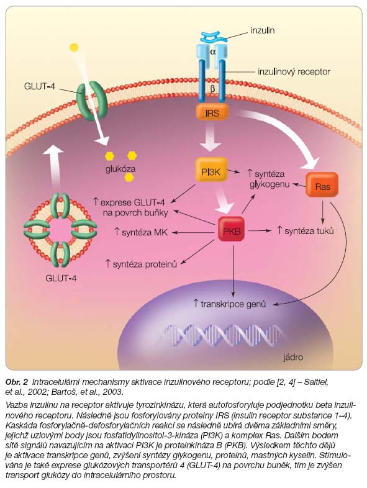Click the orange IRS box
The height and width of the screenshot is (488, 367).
click(x=212, y=112)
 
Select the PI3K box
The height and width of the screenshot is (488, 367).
click(x=211, y=170)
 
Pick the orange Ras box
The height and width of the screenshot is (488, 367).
click(x=322, y=185)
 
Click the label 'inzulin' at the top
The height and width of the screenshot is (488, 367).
click(x=263, y=30)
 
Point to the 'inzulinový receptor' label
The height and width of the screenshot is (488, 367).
click(x=294, y=72)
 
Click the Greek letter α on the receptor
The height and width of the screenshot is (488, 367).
click(x=213, y=52)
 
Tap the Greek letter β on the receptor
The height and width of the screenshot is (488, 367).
click(x=213, y=89)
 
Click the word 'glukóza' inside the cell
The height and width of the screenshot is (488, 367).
click(x=120, y=169)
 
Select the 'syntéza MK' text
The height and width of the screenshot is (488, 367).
click(x=141, y=232)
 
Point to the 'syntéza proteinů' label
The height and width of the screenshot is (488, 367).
click(x=141, y=264)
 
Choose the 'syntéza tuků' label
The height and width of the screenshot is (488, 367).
click(x=306, y=230)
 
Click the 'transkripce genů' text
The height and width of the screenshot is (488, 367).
click(x=229, y=304)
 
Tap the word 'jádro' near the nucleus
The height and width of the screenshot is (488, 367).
click(x=293, y=357)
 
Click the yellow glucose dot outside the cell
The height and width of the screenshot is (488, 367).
click(x=74, y=47)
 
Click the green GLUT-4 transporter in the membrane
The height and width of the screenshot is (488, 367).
click(x=92, y=100)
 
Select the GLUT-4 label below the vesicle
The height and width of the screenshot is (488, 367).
click(x=61, y=278)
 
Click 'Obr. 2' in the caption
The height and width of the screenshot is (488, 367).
click(x=17, y=382)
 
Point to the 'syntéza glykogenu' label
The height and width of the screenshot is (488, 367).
click(x=270, y=179)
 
